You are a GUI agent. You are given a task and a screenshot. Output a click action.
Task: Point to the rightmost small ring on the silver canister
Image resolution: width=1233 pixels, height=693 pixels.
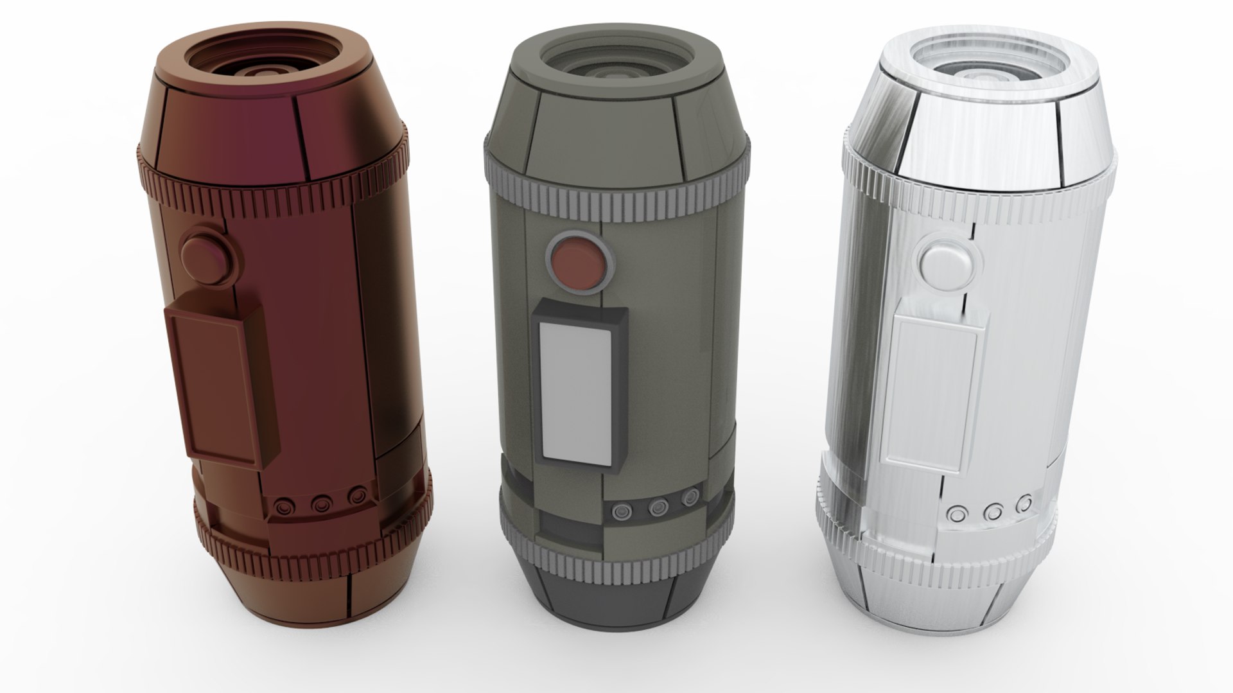[1026, 501]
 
